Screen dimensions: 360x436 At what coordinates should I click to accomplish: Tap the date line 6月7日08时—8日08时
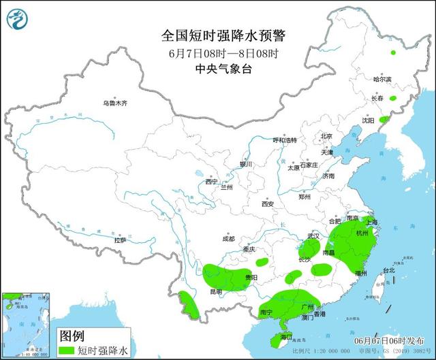tap(217, 52)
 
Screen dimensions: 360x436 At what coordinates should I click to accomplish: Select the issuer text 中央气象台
tap(217, 68)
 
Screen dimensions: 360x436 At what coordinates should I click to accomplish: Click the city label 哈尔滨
tap(383, 80)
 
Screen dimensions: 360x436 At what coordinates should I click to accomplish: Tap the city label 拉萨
tap(120, 240)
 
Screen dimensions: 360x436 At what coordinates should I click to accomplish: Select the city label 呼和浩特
tap(285, 140)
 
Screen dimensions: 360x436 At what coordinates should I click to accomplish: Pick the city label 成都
tap(228, 239)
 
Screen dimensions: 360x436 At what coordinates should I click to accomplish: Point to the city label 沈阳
tap(369, 120)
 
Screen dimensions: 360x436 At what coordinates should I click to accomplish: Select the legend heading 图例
tap(72, 336)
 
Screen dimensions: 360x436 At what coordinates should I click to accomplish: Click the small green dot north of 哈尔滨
tap(392, 52)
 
